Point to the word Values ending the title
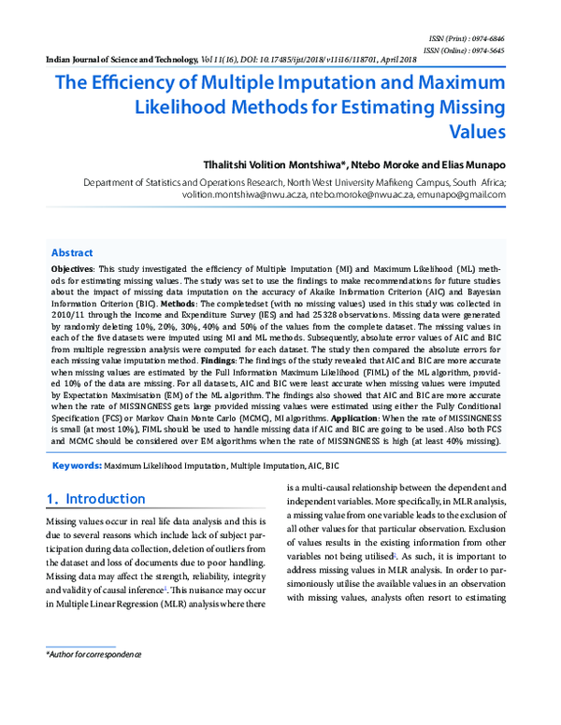(x=475, y=131)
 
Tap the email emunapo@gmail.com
(x=461, y=195)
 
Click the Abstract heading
(x=72, y=253)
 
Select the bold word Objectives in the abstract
(x=71, y=268)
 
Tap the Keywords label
(x=77, y=464)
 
